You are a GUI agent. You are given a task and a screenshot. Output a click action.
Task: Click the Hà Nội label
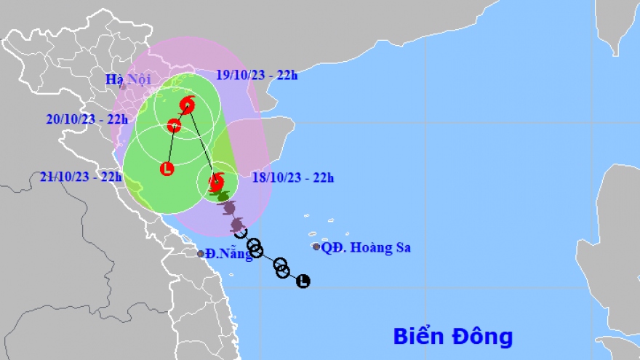pos(123,79)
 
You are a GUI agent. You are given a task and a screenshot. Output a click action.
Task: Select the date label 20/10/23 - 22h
pos(86,120)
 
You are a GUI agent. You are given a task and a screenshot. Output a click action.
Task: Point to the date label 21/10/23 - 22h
pos(81,176)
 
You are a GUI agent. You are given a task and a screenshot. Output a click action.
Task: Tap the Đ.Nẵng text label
pos(228,254)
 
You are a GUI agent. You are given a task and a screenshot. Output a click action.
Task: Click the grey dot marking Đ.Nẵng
pos(201,254)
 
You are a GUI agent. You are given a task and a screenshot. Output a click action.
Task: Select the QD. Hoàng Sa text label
pos(367,248)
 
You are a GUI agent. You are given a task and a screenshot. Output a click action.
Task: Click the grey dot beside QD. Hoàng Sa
pos(316,247)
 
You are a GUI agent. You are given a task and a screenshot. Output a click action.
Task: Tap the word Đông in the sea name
pos(483,337)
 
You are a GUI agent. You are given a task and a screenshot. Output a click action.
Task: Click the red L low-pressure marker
pos(167,169)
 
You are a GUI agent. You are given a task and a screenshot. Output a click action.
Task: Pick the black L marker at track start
pos(303,281)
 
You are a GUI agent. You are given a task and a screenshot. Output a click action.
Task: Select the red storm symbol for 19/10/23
pos(188,105)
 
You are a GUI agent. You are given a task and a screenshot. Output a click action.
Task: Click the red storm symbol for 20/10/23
pos(173,126)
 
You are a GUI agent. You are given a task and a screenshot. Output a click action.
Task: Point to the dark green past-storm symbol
pos(223,196)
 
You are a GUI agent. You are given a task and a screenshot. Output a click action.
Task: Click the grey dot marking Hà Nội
pos(123,87)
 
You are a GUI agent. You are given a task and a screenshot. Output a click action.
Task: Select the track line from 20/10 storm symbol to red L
pos(170,148)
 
